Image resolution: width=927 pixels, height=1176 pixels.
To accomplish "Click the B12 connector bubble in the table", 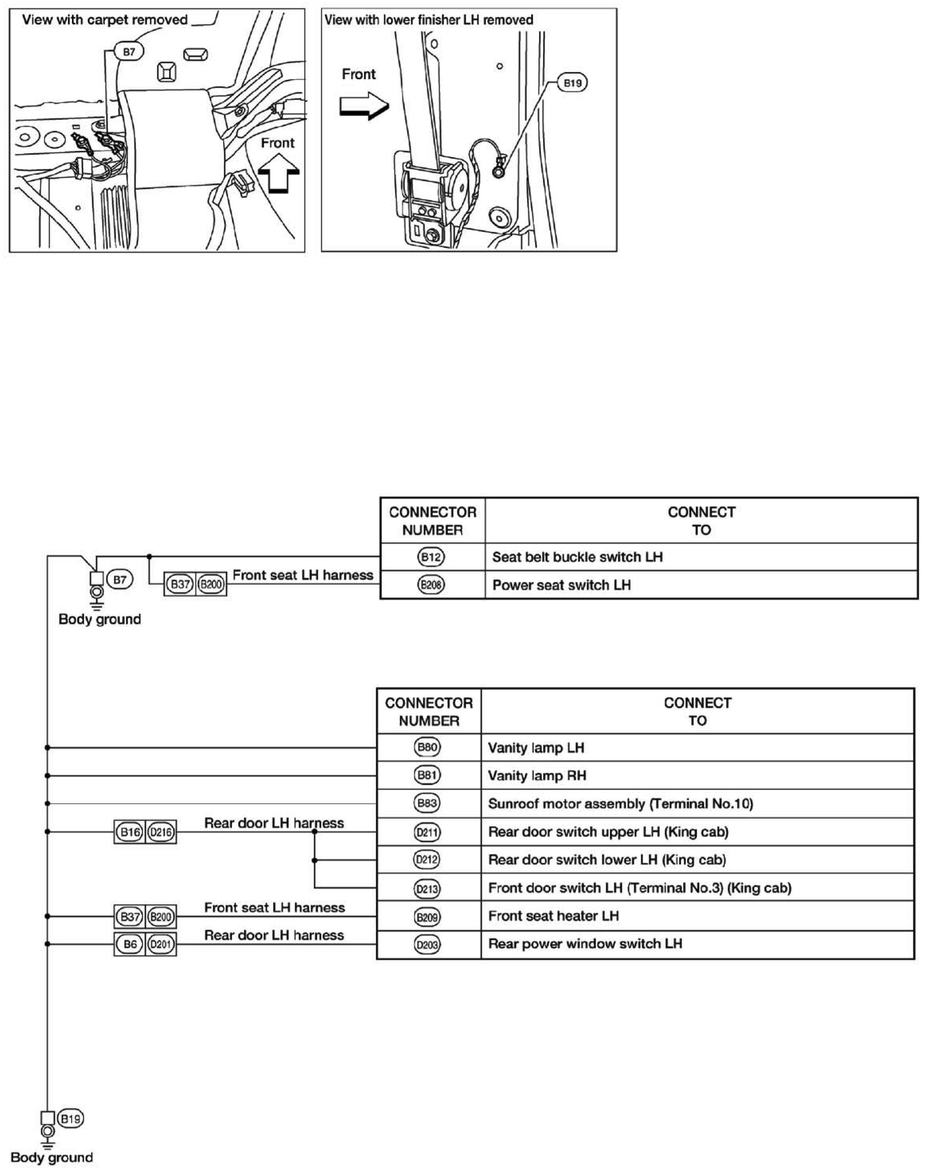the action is point(432,557).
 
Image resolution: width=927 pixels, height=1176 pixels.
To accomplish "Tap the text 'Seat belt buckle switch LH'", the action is point(577,557).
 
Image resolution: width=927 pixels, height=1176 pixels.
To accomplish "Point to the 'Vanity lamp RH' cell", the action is point(697,775).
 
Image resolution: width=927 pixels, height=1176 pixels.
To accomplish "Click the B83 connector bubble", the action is point(427,803).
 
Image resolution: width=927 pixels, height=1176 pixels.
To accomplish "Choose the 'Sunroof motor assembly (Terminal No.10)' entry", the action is point(620,804).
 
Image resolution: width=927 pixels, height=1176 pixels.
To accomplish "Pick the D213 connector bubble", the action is point(427,888).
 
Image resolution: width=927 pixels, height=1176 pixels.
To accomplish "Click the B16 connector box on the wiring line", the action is point(130,832).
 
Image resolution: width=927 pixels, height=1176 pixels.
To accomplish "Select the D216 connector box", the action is point(161,832).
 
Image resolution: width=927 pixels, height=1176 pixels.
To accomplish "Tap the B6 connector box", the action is point(130,944).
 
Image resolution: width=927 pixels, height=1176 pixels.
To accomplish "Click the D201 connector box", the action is point(161,944).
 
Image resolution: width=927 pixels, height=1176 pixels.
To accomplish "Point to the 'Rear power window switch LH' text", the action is point(585,944).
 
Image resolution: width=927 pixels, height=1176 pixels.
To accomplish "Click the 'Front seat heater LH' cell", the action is point(697,916).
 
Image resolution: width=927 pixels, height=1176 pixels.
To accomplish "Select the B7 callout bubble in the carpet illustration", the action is point(129,52).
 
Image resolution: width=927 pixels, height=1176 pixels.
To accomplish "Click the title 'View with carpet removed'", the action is point(105,20).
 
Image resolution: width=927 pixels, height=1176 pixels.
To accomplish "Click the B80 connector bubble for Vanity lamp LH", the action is point(427,747).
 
